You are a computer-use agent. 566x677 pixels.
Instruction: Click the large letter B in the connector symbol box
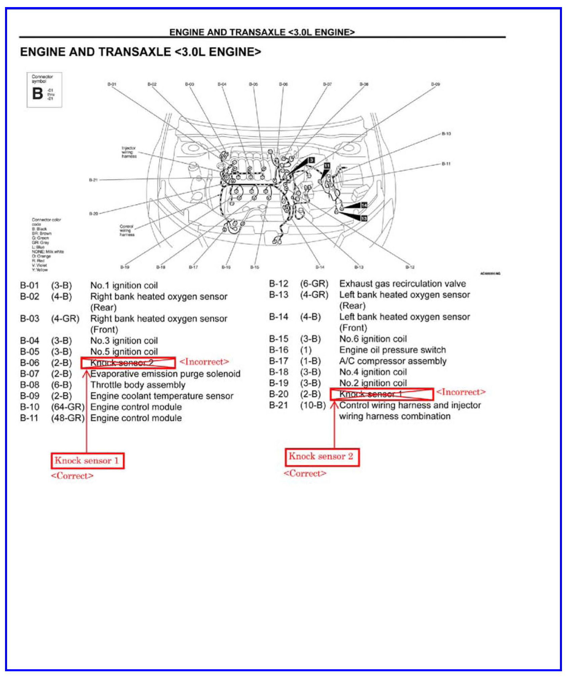[x=37, y=94]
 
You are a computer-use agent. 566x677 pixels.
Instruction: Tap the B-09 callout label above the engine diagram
[x=435, y=84]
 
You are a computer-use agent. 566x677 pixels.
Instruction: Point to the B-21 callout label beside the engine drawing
[x=93, y=180]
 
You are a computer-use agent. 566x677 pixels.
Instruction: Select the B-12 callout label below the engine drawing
[x=410, y=267]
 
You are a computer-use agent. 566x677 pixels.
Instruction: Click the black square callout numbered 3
[x=311, y=160]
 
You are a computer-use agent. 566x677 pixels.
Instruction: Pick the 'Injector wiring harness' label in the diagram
[x=129, y=152]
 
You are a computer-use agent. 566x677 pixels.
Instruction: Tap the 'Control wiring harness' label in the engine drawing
[x=127, y=230]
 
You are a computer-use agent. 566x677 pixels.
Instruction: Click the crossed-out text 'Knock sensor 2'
[x=122, y=363]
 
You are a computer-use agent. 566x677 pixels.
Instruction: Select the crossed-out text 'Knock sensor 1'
[x=371, y=394]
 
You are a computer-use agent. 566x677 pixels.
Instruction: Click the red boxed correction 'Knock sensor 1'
[x=87, y=461]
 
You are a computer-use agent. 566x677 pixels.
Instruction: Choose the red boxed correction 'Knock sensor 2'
[x=321, y=457]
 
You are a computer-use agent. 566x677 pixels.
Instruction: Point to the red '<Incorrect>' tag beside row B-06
[x=204, y=362]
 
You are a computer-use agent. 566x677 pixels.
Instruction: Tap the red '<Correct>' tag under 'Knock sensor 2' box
[x=305, y=473]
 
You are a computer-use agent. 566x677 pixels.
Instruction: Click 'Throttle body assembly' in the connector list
[x=138, y=385]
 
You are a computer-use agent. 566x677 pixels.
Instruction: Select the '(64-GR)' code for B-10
[x=68, y=407]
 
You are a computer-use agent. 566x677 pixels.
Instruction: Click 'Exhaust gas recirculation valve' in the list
[x=402, y=284]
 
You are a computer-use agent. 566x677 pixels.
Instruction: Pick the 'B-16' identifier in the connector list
[x=278, y=350]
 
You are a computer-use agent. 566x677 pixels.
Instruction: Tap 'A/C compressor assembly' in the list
[x=393, y=361]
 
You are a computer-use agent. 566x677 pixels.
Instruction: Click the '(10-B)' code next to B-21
[x=313, y=405]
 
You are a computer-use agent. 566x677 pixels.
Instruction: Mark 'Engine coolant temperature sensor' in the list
[x=162, y=396]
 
